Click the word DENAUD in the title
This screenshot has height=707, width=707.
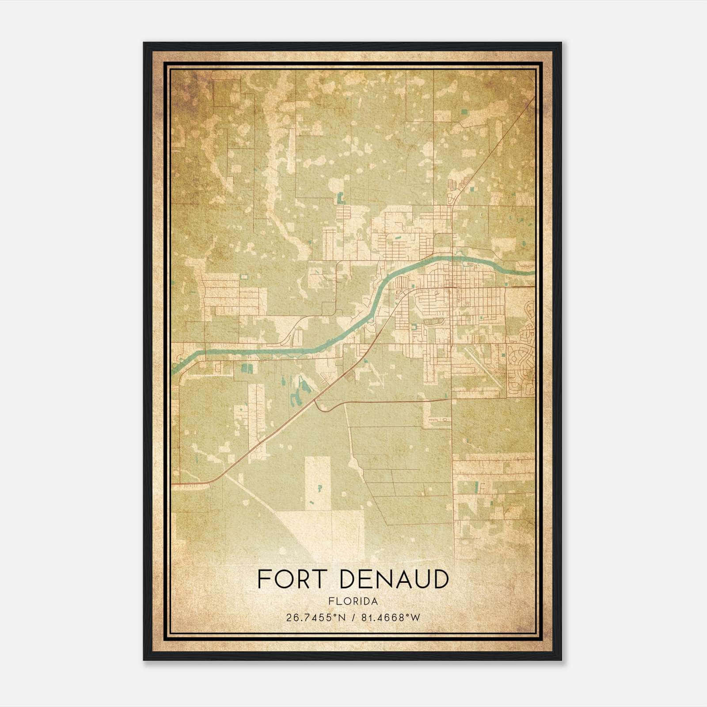[394, 579]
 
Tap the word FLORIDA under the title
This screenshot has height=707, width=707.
[353, 601]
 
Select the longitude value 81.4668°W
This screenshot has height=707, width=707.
[391, 618]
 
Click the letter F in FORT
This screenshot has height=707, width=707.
[264, 579]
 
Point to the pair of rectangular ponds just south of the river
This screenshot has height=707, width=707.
[247, 368]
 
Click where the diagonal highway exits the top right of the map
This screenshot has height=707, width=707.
[533, 98]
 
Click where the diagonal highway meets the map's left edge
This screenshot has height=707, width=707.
[173, 485]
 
